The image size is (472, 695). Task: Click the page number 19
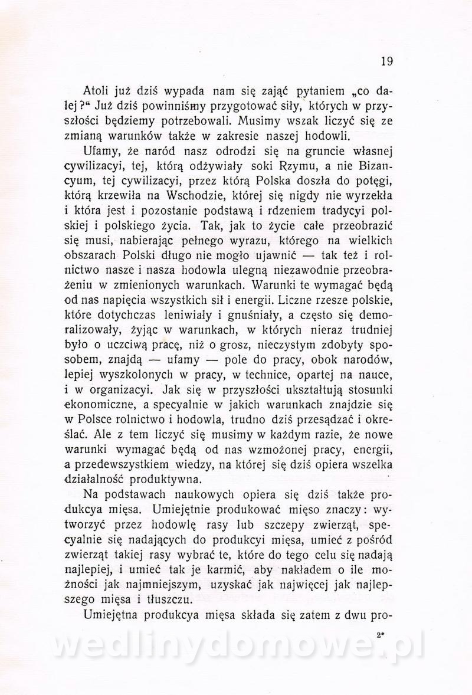386,61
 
